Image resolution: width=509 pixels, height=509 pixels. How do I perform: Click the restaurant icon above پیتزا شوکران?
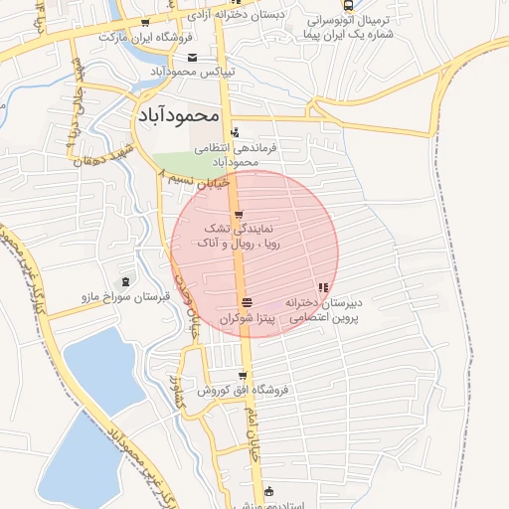[246, 302]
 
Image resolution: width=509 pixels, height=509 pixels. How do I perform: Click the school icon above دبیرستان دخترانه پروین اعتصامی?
[321, 287]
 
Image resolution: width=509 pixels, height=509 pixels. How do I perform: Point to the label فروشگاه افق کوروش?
[242, 390]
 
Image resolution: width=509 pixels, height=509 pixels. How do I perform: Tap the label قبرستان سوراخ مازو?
[122, 297]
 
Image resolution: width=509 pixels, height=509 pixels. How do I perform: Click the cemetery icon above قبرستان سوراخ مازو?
[123, 282]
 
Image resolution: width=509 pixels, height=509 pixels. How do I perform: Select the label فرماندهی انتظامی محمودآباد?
[236, 153]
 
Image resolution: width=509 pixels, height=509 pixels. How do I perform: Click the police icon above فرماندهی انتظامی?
[235, 132]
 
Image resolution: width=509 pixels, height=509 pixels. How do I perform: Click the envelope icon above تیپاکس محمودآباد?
[192, 58]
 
